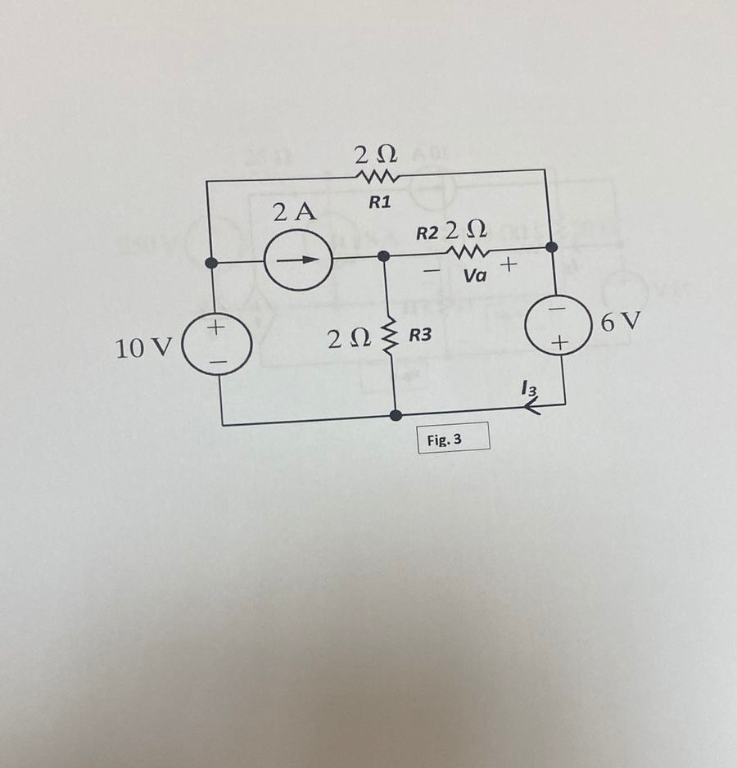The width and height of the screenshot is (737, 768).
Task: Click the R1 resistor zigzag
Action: (376, 177)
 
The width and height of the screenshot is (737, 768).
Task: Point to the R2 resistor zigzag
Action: (469, 250)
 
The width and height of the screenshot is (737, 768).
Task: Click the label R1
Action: (378, 203)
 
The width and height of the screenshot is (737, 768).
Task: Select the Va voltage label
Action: (475, 277)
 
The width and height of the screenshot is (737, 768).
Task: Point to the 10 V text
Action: (142, 349)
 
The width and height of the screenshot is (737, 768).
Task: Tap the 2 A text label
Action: (295, 213)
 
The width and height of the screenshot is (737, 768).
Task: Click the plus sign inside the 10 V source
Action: (216, 329)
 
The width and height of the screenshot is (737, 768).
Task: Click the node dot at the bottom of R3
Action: (396, 415)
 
